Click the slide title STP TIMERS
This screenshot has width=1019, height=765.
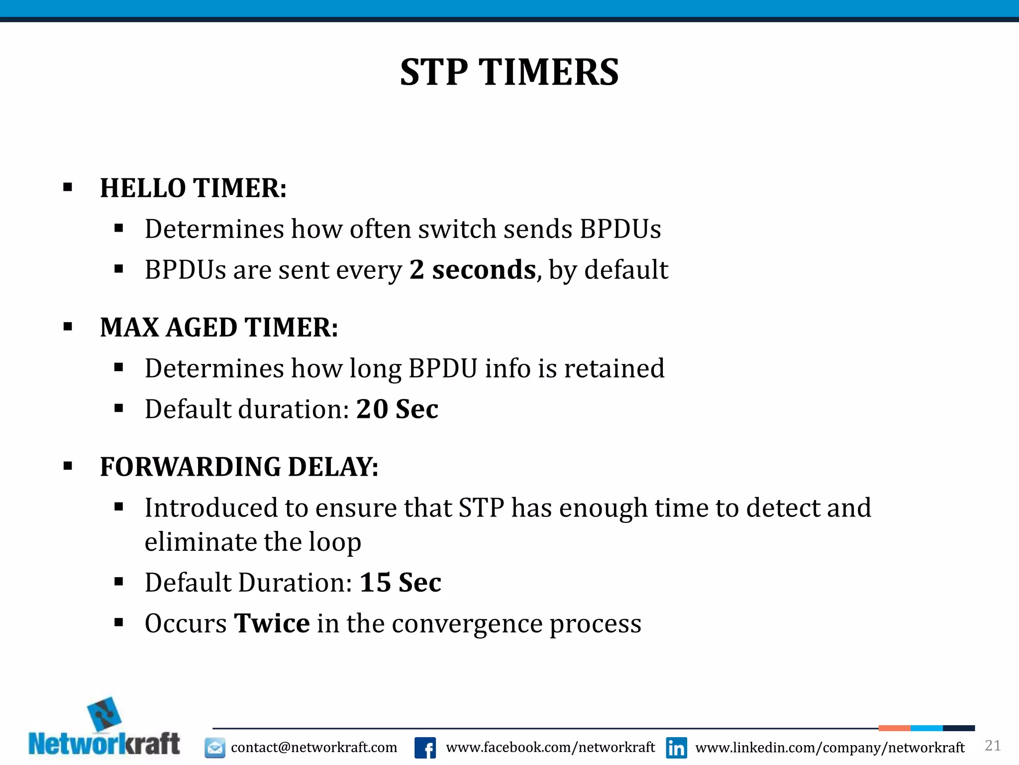point(509,73)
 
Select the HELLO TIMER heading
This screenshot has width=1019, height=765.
point(193,188)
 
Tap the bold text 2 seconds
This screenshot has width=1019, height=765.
point(473,270)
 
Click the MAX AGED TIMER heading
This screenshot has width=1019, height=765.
point(219,328)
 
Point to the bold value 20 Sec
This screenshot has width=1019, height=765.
point(397,409)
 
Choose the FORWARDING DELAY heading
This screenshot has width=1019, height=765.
point(239,467)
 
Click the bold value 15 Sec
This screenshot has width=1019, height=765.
point(400,583)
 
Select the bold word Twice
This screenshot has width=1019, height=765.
point(272,624)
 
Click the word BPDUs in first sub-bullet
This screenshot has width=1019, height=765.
point(620,229)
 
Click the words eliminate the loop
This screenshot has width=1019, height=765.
point(253,542)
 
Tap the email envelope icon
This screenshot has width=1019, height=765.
point(215,748)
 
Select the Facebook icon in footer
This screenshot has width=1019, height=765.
point(425,748)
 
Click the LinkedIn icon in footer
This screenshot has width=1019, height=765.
point(676,748)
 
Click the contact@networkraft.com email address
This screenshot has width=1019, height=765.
point(314,748)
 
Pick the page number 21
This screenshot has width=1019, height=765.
point(993,746)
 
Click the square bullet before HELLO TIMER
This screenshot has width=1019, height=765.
point(68,188)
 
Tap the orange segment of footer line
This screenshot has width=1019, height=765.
point(894,728)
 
